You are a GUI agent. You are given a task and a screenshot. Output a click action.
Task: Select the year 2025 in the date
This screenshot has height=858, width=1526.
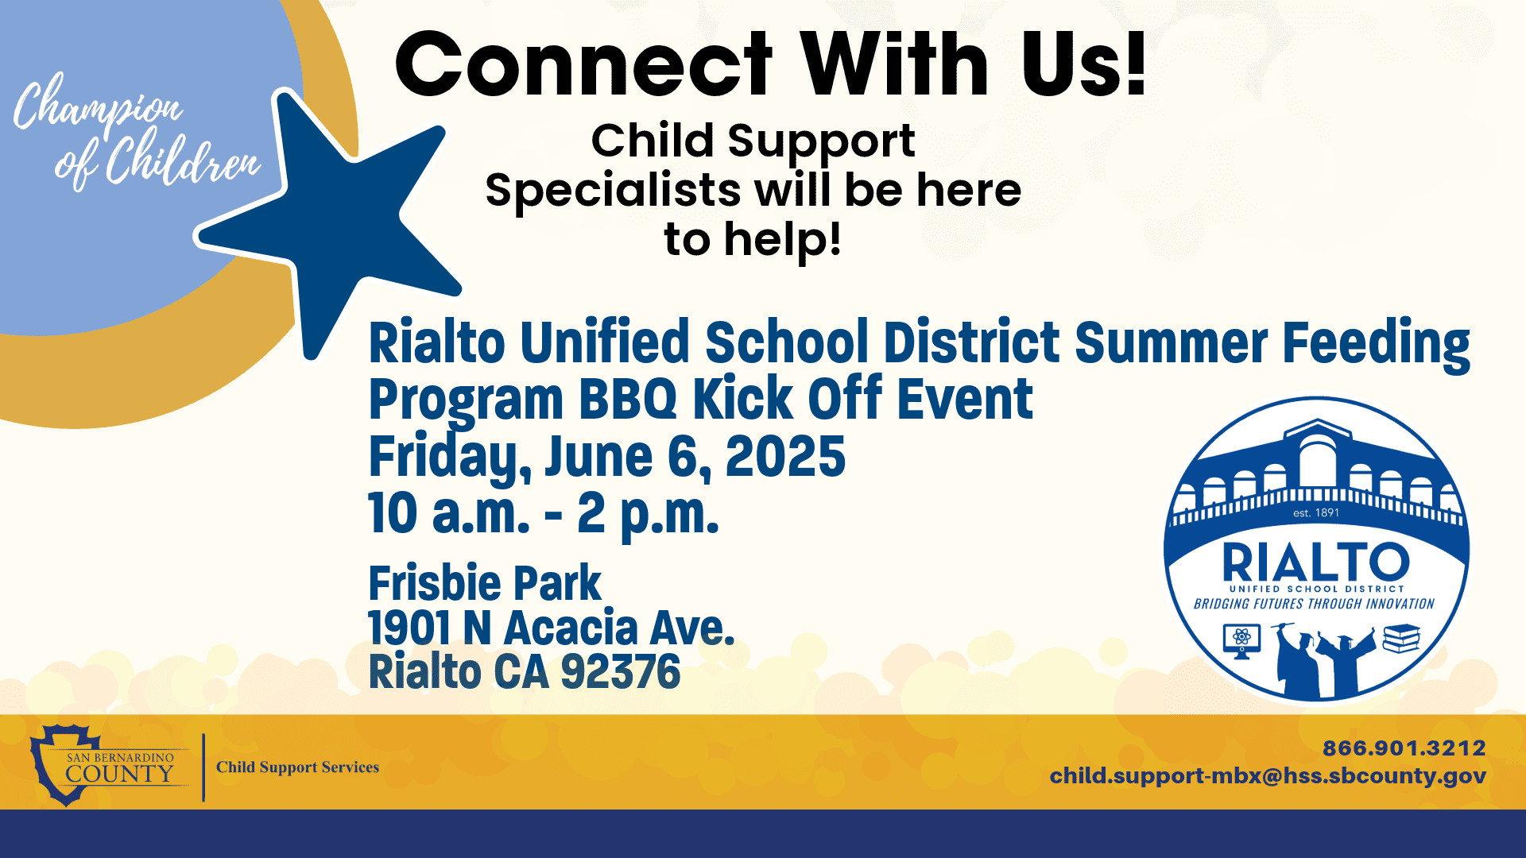pyautogui.click(x=784, y=457)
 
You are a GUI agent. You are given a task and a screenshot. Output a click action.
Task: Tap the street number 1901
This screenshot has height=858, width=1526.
pyautogui.click(x=409, y=628)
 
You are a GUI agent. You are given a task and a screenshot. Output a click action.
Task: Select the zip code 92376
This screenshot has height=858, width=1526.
pyautogui.click(x=620, y=672)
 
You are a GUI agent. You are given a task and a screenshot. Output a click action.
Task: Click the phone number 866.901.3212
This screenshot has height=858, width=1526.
pyautogui.click(x=1404, y=748)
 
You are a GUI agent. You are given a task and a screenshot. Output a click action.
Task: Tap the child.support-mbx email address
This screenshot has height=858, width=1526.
pyautogui.click(x=1267, y=776)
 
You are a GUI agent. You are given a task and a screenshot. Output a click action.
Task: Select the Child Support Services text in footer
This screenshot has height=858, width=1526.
pyautogui.click(x=297, y=767)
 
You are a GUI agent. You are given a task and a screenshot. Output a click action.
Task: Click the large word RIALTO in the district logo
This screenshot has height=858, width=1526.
pyautogui.click(x=1315, y=562)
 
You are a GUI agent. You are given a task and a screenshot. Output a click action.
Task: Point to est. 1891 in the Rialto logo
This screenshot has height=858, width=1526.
pyautogui.click(x=1315, y=513)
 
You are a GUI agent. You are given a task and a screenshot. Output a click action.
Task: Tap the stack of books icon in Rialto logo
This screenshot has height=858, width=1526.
pyautogui.click(x=1400, y=638)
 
